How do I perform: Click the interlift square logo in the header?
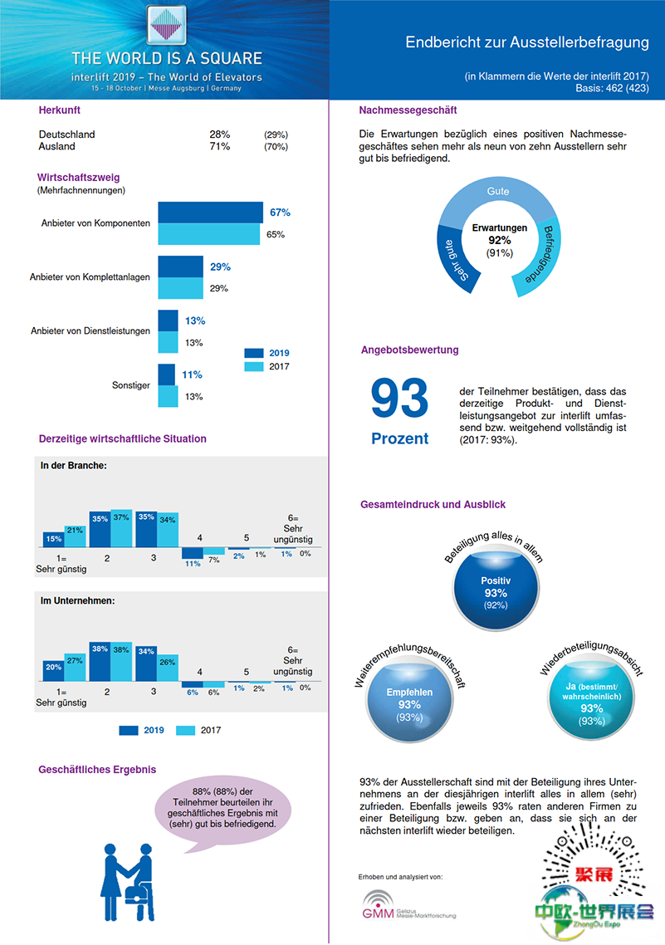pyautogui.click(x=167, y=26)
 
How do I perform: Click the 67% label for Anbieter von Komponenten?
pyautogui.click(x=280, y=213)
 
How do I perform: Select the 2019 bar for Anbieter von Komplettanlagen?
pyautogui.click(x=180, y=267)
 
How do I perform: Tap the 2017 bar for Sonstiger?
pyautogui.click(x=168, y=396)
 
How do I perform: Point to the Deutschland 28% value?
pyautogui.click(x=220, y=135)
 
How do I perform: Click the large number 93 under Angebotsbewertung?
pyautogui.click(x=399, y=399)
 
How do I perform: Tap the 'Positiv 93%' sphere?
pyautogui.click(x=496, y=591)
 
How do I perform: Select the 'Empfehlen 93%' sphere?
pyautogui.click(x=409, y=704)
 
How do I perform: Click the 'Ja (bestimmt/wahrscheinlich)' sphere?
pyautogui.click(x=591, y=704)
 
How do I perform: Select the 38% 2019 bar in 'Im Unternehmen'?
pyautogui.click(x=100, y=661)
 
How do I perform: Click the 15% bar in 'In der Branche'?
pyautogui.click(x=53, y=539)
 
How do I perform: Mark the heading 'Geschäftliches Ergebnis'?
pyautogui.click(x=97, y=770)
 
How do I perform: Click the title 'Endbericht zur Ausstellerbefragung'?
pyautogui.click(x=526, y=42)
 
